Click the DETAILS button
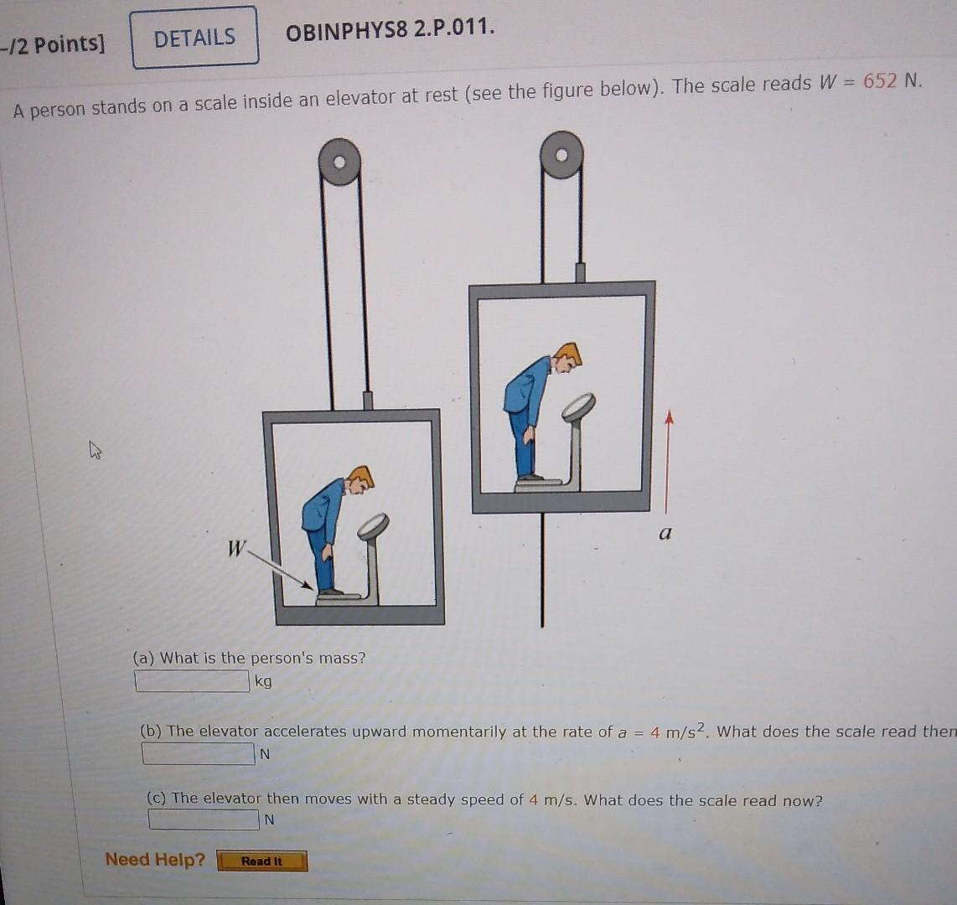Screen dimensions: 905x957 pos(194,38)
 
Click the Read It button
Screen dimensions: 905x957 pos(262,861)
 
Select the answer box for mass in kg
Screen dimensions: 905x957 pos(192,681)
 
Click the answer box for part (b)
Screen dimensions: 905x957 pos(198,754)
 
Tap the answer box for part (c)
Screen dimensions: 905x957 pos(204,820)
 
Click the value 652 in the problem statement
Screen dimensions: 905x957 pos(881,81)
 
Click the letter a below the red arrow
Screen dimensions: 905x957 pos(665,533)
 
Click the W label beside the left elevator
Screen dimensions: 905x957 pos(237,549)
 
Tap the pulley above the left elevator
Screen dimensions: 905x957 pos(340,163)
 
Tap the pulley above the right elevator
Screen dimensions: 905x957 pos(561,155)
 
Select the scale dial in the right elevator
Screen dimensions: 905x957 pos(578,406)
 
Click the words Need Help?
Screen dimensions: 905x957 pos(155,859)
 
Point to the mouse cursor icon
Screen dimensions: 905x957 pos(96,452)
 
